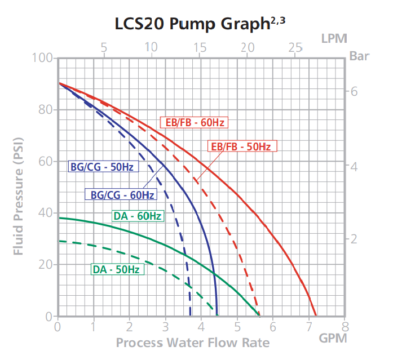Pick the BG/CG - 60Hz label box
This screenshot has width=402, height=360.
click(x=120, y=195)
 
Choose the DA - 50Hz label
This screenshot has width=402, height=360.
click(x=117, y=269)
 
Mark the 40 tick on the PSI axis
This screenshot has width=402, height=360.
click(x=46, y=213)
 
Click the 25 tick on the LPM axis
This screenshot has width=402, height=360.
click(x=295, y=47)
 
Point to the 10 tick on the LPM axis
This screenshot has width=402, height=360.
click(x=151, y=47)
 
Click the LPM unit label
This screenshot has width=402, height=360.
click(x=334, y=38)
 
